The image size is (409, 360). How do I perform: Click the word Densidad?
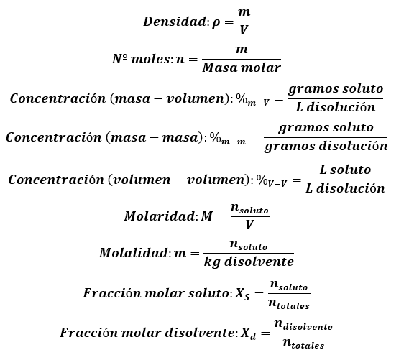(x=175, y=22)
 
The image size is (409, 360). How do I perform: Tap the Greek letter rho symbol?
(x=216, y=23)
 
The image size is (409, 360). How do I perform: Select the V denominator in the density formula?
(x=244, y=29)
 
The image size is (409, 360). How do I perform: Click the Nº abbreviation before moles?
(x=120, y=59)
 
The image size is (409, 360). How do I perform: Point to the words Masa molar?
(x=242, y=68)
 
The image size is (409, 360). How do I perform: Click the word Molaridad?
(x=159, y=216)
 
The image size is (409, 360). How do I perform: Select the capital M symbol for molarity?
(x=207, y=216)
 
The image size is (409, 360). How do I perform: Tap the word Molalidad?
(x=133, y=253)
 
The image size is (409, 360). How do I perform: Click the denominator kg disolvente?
(x=249, y=262)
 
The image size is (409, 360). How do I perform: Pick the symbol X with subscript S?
(x=242, y=294)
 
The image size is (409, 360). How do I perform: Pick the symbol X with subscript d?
(x=248, y=333)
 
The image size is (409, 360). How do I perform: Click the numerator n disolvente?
(x=303, y=325)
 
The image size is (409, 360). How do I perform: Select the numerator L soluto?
(x=345, y=170)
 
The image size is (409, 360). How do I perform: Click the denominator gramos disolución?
(x=326, y=147)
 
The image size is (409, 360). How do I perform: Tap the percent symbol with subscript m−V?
(x=252, y=100)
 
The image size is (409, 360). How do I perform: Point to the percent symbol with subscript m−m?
(x=228, y=139)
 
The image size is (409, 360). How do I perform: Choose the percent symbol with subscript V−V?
(x=271, y=180)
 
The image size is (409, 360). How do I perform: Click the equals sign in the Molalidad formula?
(x=195, y=253)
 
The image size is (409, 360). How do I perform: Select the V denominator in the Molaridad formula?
(x=249, y=225)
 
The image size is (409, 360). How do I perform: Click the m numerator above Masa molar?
(x=242, y=50)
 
